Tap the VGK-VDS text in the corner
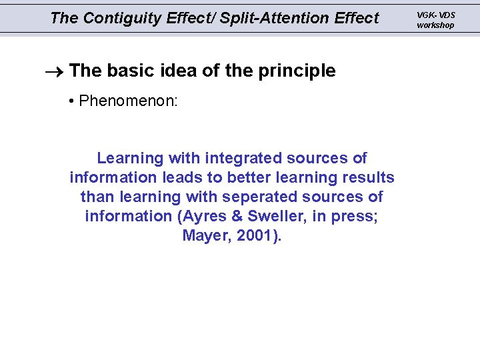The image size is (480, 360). [x=436, y=15]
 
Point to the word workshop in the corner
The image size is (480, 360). [x=435, y=25]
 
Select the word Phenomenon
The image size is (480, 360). [x=127, y=101]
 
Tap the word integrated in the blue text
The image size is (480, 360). [x=244, y=158]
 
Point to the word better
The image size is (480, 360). [x=250, y=177]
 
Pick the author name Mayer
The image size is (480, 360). [x=204, y=235]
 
